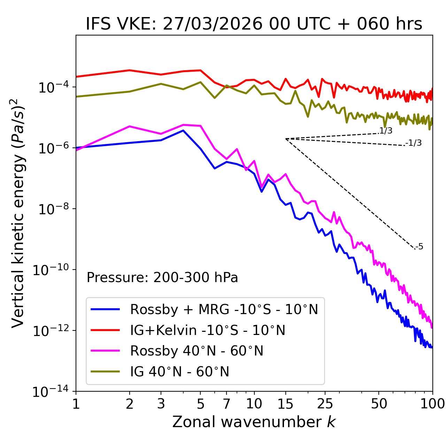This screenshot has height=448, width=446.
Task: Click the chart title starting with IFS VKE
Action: [254, 24]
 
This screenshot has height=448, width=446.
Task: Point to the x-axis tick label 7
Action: [226, 404]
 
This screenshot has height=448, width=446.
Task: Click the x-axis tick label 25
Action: [325, 404]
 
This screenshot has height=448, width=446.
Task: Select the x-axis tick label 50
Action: [379, 404]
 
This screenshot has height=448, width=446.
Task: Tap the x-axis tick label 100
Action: [432, 404]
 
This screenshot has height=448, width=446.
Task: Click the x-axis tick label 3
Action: [161, 404]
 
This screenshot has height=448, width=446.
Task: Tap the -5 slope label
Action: [419, 247]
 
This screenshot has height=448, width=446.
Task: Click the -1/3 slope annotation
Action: [414, 143]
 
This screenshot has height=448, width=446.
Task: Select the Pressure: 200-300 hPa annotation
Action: [162, 278]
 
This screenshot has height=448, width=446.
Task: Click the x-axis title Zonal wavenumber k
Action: [254, 422]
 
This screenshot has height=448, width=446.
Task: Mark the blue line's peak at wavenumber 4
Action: [183, 130]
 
